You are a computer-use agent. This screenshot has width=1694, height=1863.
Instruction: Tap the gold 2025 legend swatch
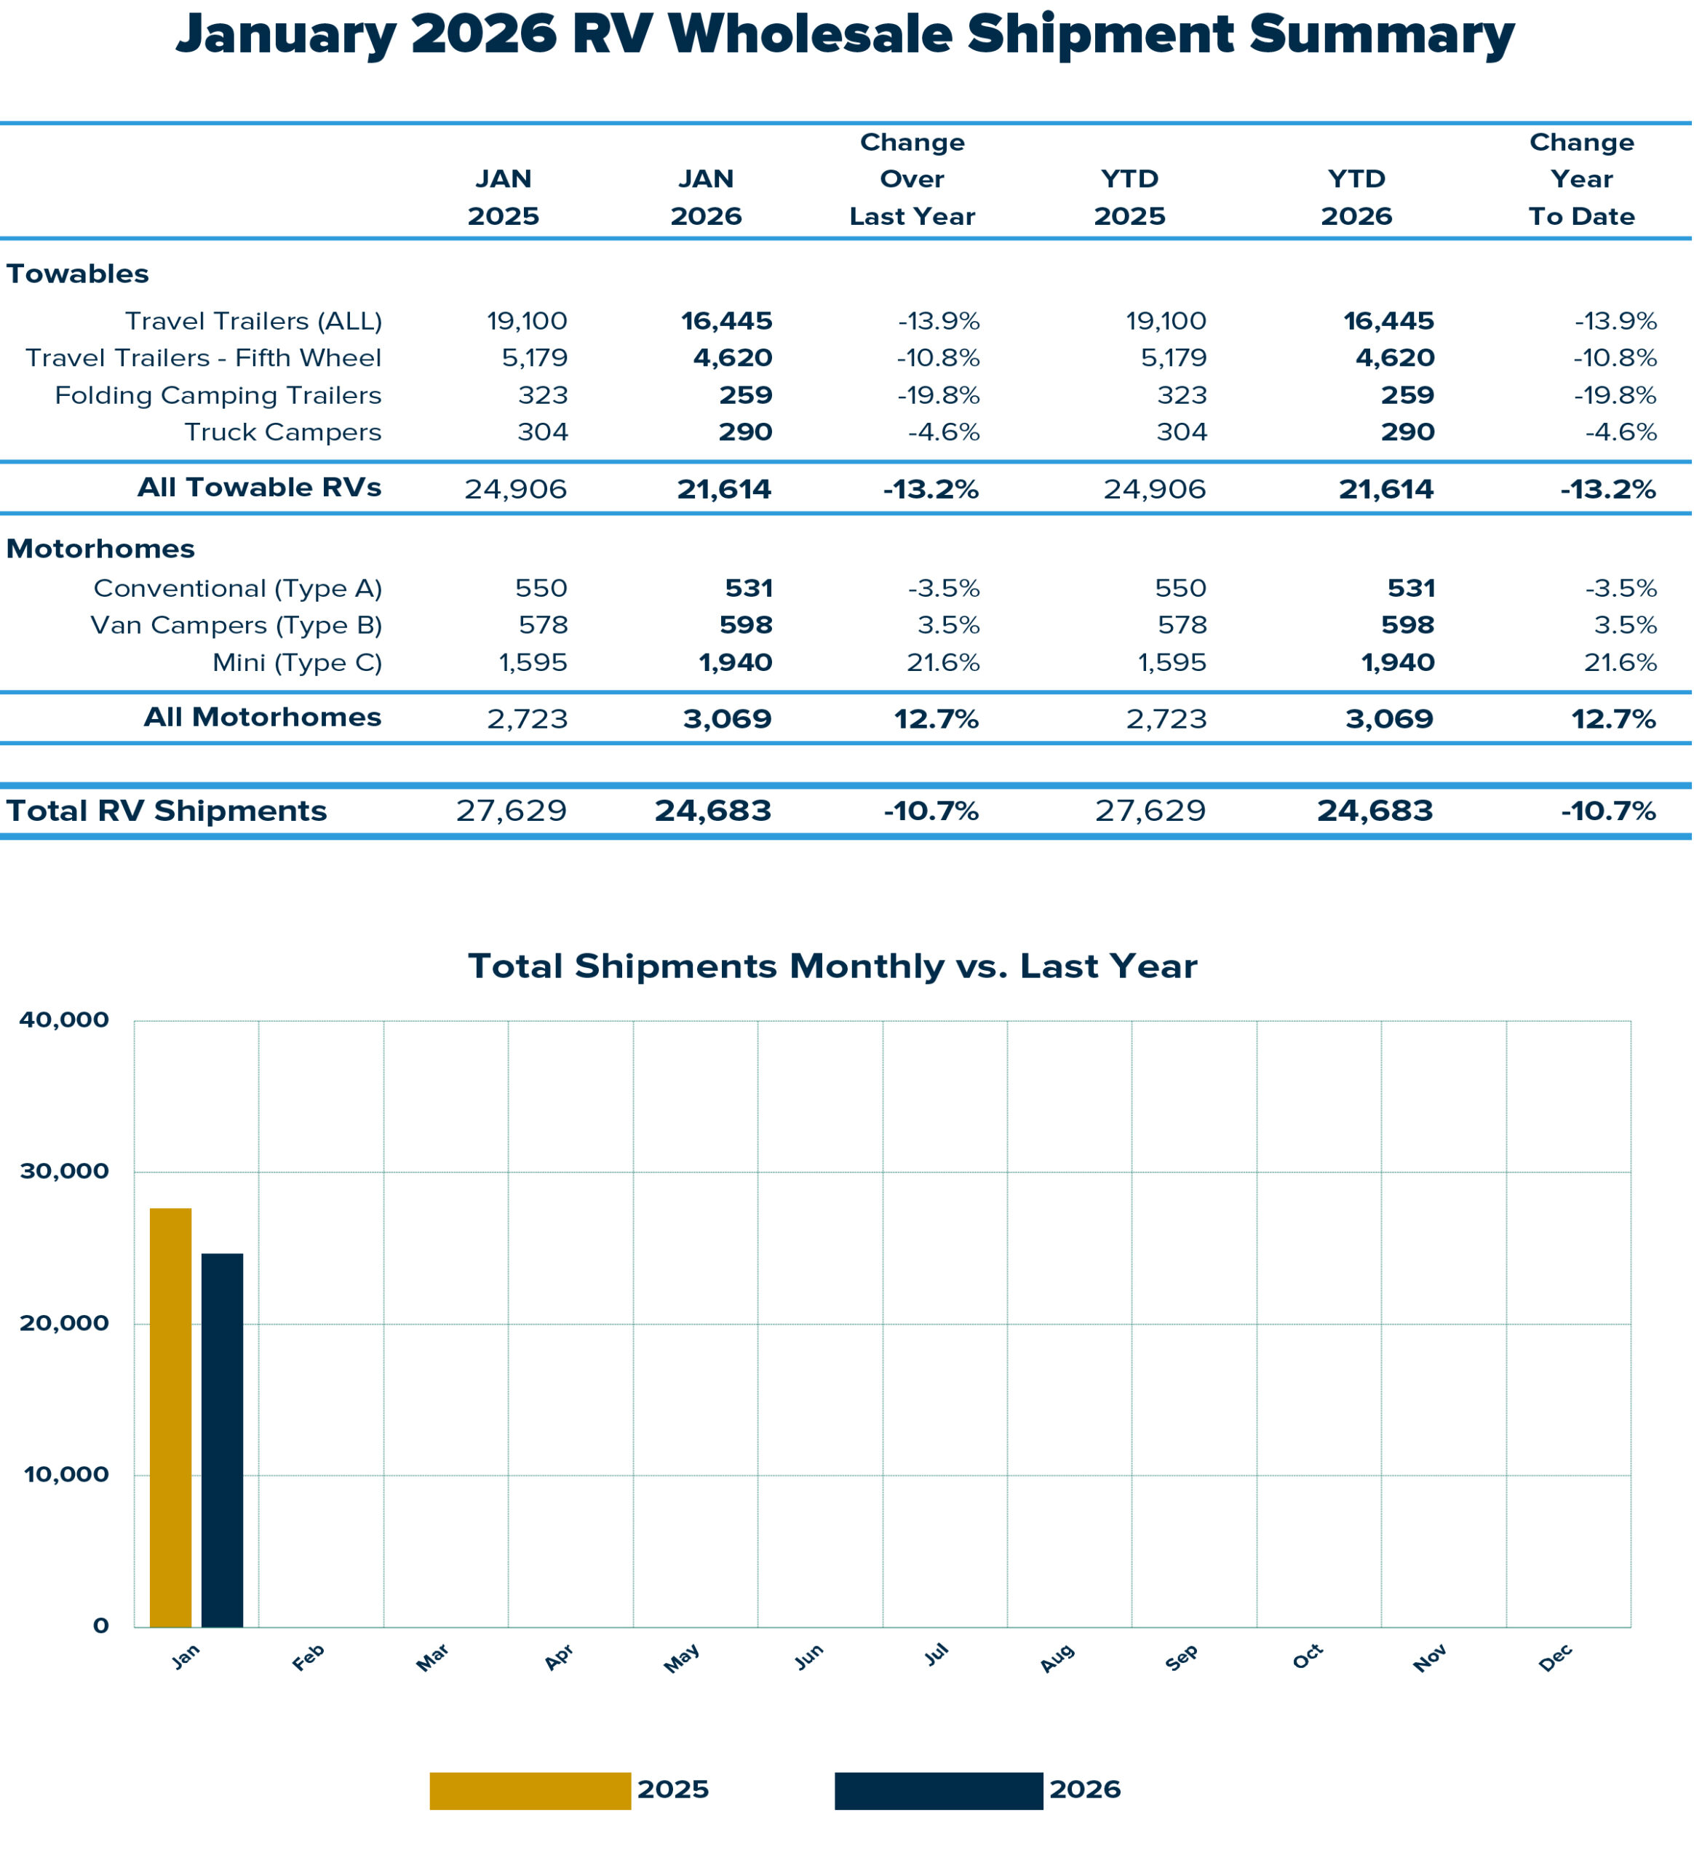tap(530, 1790)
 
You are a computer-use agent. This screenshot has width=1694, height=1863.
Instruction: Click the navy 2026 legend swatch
tap(938, 1790)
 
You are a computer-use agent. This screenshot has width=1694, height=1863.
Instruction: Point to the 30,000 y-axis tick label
tap(64, 1171)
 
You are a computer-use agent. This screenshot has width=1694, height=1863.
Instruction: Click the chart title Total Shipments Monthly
tap(832, 966)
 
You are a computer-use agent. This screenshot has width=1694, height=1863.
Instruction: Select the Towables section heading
tap(78, 274)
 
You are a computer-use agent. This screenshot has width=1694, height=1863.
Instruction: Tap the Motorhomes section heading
tap(100, 548)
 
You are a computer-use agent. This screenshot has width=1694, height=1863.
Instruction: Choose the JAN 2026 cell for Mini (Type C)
tap(735, 662)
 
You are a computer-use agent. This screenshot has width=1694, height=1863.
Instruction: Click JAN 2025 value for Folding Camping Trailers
tap(543, 394)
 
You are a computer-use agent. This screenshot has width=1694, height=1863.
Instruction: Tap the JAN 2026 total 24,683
tap(712, 811)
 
